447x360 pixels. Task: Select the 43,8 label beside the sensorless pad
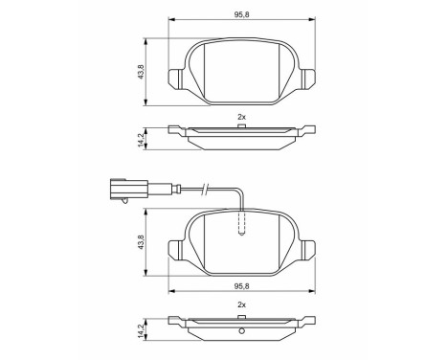tap(141, 72)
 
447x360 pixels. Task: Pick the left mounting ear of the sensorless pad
tap(175, 78)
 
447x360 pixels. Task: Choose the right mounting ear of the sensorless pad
tap(307, 78)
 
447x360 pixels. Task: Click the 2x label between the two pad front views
tap(241, 117)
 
